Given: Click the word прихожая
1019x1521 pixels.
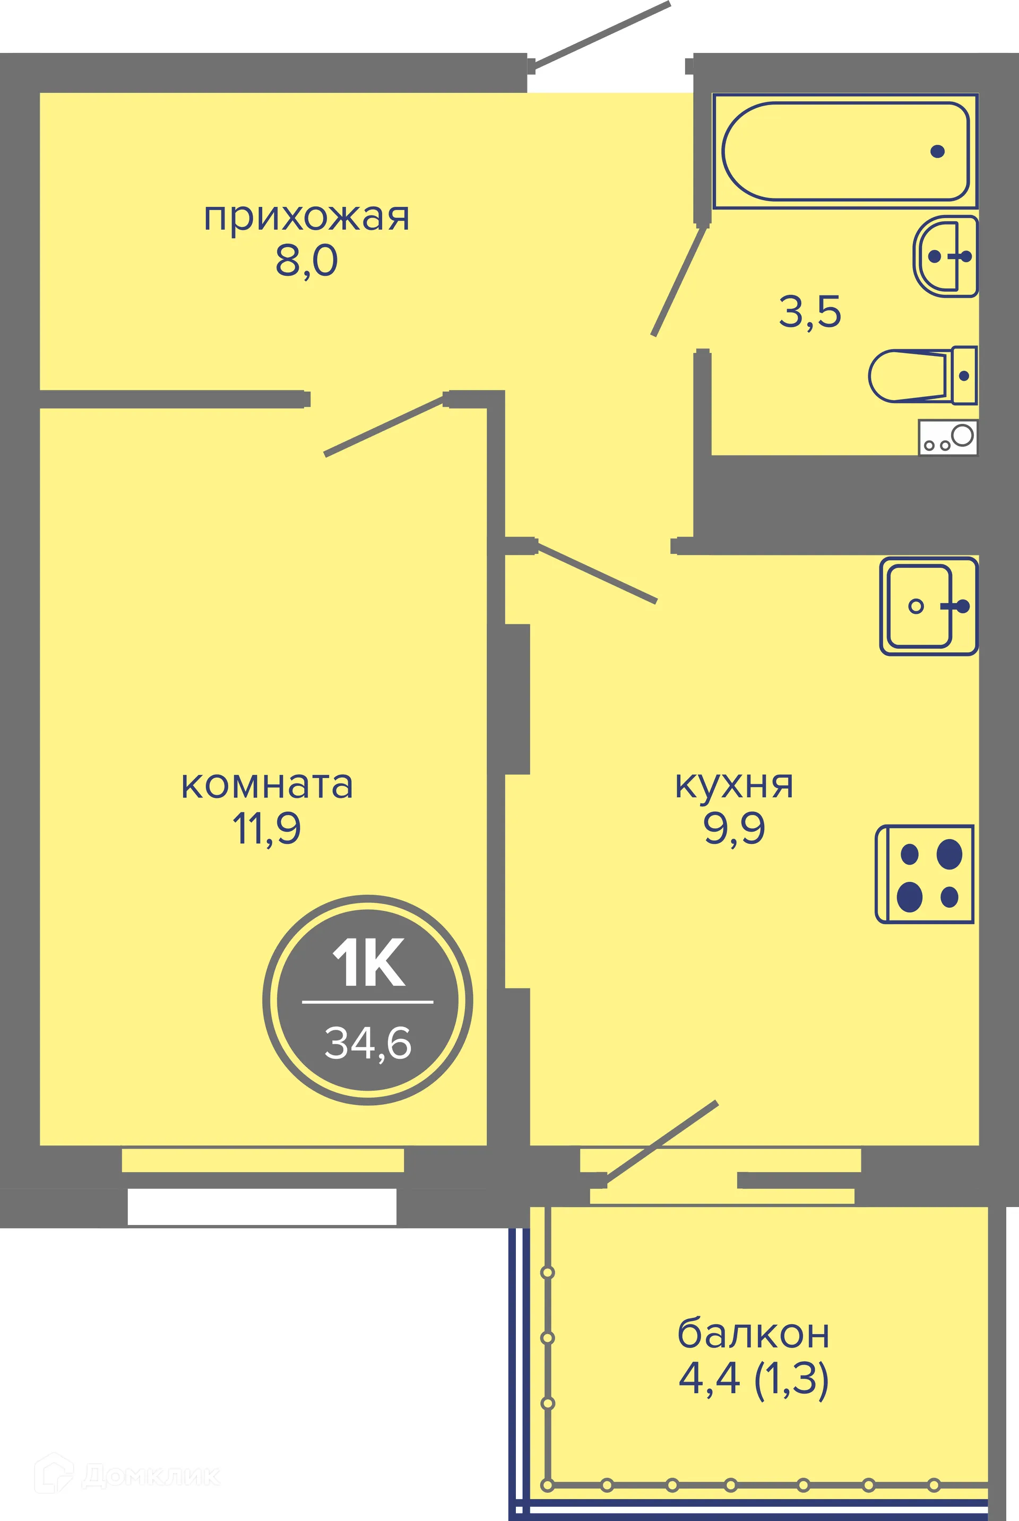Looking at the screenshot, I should pos(307,218).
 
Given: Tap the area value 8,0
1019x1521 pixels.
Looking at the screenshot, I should pos(307,261).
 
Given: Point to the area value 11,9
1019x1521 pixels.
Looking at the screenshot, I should pos(267,829).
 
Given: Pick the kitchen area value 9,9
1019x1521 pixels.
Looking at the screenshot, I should pos(735,829).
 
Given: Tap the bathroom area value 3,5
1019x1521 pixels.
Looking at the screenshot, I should pos(810,312).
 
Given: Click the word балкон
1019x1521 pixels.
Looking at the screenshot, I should pos(753,1335).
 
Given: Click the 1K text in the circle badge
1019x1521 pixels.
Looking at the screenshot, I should pos(368,964).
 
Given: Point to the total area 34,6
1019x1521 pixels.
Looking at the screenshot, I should pos(368,1043).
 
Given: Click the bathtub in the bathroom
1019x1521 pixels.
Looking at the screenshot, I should pos(845,151).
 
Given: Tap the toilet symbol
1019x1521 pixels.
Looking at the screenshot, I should pos(921,376).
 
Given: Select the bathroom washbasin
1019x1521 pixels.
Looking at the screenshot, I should pos(945,257).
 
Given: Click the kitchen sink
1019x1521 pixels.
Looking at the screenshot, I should pos(928,606).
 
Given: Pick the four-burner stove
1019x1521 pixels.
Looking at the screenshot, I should pos(925,874).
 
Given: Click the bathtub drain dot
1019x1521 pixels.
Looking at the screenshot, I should pos(937,151).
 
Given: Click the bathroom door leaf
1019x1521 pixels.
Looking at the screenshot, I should pos(679,281).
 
